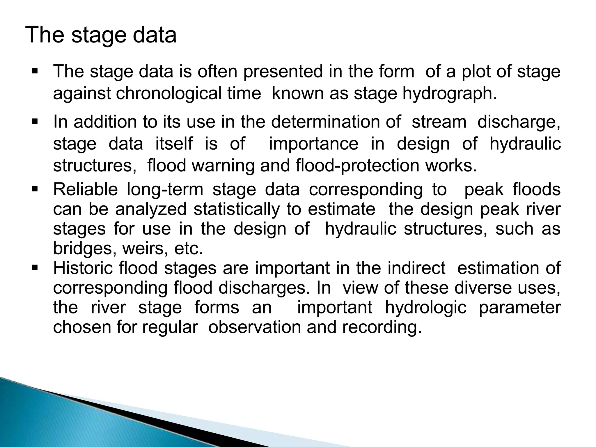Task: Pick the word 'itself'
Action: (x=174, y=144)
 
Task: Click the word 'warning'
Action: (x=223, y=166)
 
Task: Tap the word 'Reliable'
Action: (x=86, y=189)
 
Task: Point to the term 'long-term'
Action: (x=165, y=189)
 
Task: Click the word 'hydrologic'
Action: (x=426, y=308)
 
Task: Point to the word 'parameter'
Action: (x=519, y=308)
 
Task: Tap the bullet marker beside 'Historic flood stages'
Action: (x=36, y=267)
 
